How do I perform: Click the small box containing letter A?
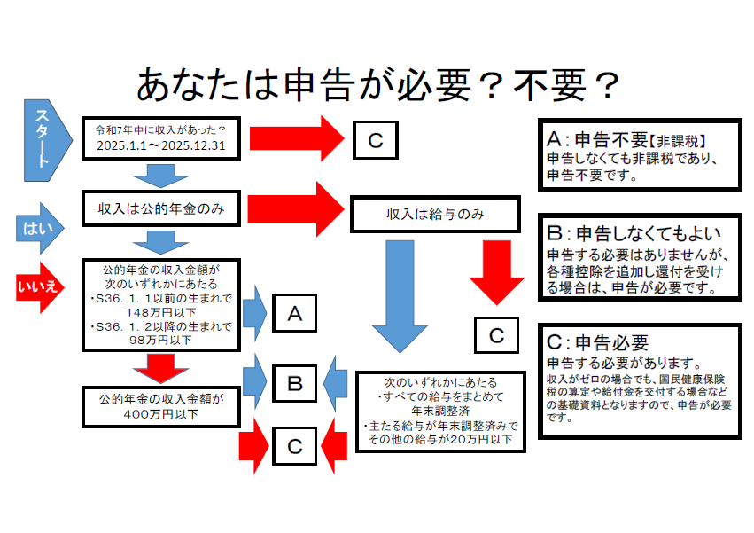[x=295, y=313]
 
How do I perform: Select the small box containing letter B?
[x=295, y=383]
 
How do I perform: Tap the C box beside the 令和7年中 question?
[x=375, y=139]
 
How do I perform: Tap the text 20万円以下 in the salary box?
[x=487, y=439]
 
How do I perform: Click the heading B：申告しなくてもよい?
[x=629, y=235]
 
